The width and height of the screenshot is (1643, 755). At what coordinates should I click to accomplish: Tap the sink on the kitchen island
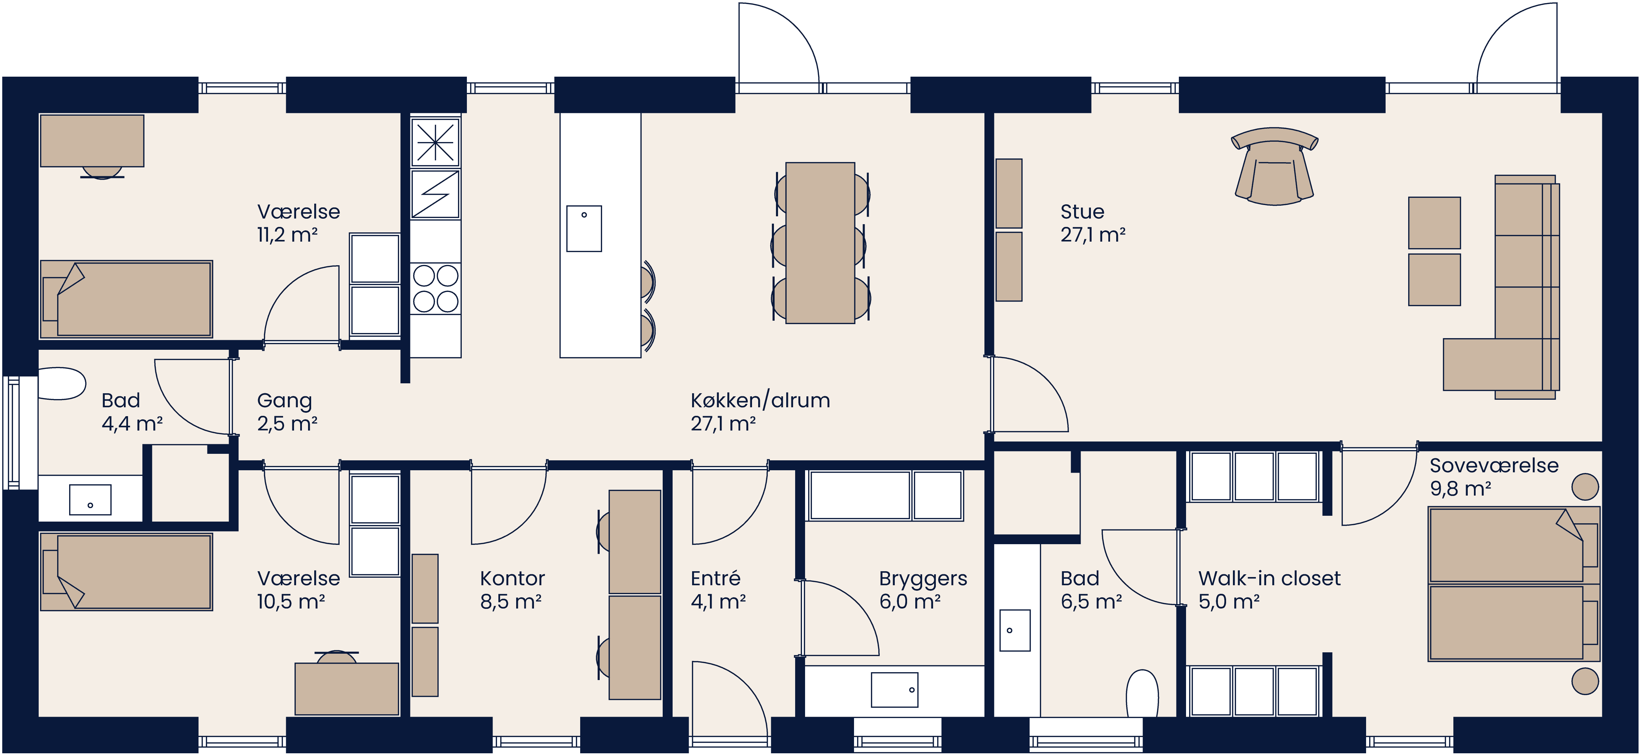pyautogui.click(x=584, y=228)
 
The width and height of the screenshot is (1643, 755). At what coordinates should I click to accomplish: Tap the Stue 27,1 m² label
pyautogui.click(x=1092, y=223)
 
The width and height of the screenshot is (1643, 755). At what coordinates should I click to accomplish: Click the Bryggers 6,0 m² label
pyautogui.click(x=922, y=589)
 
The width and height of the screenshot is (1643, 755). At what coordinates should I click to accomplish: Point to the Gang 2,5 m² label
pyautogui.click(x=286, y=411)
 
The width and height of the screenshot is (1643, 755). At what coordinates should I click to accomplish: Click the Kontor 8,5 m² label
pyautogui.click(x=511, y=589)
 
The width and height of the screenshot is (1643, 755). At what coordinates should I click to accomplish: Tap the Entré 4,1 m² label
pyautogui.click(x=717, y=589)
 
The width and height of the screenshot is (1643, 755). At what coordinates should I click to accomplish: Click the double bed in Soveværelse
pyautogui.click(x=1512, y=584)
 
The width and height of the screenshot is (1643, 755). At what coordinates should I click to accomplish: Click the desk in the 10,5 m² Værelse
pyautogui.click(x=346, y=689)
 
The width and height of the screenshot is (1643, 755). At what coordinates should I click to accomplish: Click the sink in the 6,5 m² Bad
pyautogui.click(x=1014, y=630)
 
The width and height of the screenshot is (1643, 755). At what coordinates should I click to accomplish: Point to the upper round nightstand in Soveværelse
pyautogui.click(x=1585, y=487)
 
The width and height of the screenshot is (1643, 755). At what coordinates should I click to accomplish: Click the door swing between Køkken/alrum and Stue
pyautogui.click(x=1027, y=395)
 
